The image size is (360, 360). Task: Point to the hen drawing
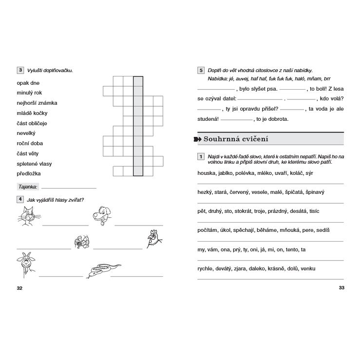[155, 239]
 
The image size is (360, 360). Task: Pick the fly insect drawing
[81, 241]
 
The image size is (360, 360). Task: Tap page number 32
[19, 288]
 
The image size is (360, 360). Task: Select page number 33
[341, 288]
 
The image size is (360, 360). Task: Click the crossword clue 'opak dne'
[28, 83]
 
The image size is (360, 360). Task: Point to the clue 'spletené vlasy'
[34, 163]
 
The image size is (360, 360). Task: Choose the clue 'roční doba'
[30, 143]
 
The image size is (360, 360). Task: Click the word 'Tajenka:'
[28, 186]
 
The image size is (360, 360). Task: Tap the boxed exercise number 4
[19, 199]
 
